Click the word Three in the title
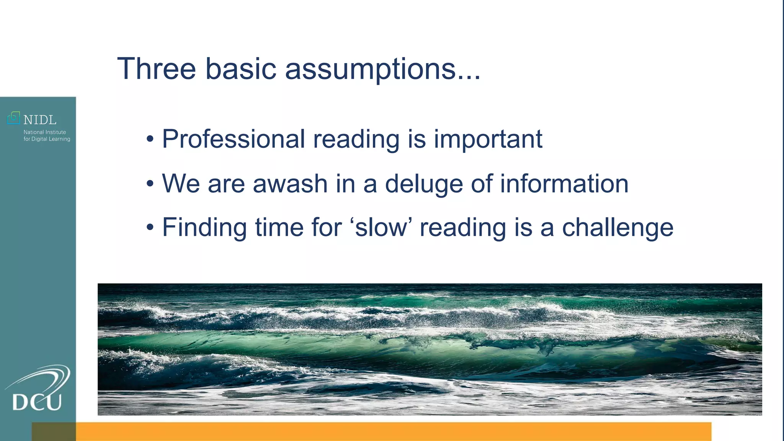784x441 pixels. [x=156, y=69]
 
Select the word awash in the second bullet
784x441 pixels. [x=290, y=183]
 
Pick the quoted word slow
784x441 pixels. [x=381, y=227]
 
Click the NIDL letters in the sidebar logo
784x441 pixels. [x=40, y=120]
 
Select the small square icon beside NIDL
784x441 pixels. [x=13, y=118]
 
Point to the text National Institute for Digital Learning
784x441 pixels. [x=47, y=136]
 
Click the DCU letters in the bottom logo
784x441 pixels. [x=37, y=402]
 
